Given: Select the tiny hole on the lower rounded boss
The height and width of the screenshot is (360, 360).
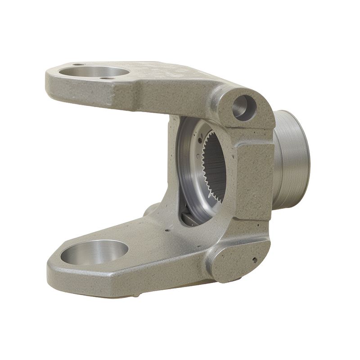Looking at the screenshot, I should point(254,260).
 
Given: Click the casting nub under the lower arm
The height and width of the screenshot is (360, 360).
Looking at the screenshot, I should point(135,296).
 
